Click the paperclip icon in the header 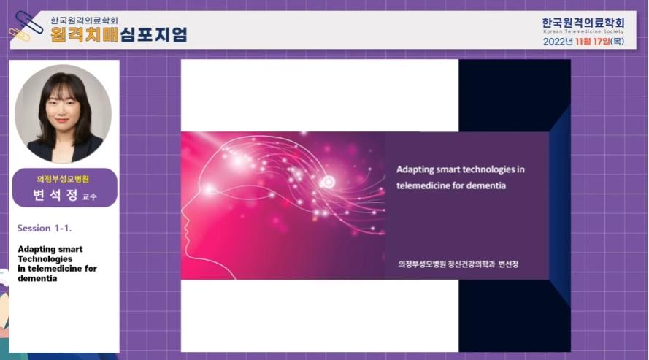26,26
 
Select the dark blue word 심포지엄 154,34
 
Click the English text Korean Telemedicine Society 583,31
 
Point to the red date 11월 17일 592,42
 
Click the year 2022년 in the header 558,42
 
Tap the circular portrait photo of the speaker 63,113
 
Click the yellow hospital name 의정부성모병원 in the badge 63,179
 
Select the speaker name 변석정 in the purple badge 55,195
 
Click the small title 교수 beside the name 89,197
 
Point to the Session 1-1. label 45,228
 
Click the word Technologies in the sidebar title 45,259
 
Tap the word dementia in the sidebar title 37,278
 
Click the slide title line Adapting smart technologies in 460,169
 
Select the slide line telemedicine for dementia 451,185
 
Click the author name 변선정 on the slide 509,264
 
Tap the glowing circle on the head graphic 329,182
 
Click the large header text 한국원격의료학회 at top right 583,23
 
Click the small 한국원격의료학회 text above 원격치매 85,20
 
